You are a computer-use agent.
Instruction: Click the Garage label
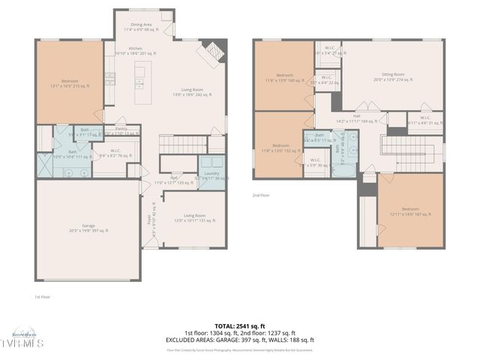[x=88, y=229]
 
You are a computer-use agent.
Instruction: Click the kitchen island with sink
[x=140, y=78]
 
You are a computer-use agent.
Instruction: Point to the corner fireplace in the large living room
[x=207, y=55]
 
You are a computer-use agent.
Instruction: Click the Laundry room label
[x=211, y=175]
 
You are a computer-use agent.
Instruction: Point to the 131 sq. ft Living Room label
[x=195, y=218]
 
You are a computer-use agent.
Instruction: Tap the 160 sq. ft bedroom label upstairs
[x=284, y=77]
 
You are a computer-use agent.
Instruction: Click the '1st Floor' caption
[x=43, y=296]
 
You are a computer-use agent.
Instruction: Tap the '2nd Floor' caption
[x=261, y=194]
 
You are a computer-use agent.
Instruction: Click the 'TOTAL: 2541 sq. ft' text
[x=240, y=326]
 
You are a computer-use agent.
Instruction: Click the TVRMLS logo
[x=25, y=341]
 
